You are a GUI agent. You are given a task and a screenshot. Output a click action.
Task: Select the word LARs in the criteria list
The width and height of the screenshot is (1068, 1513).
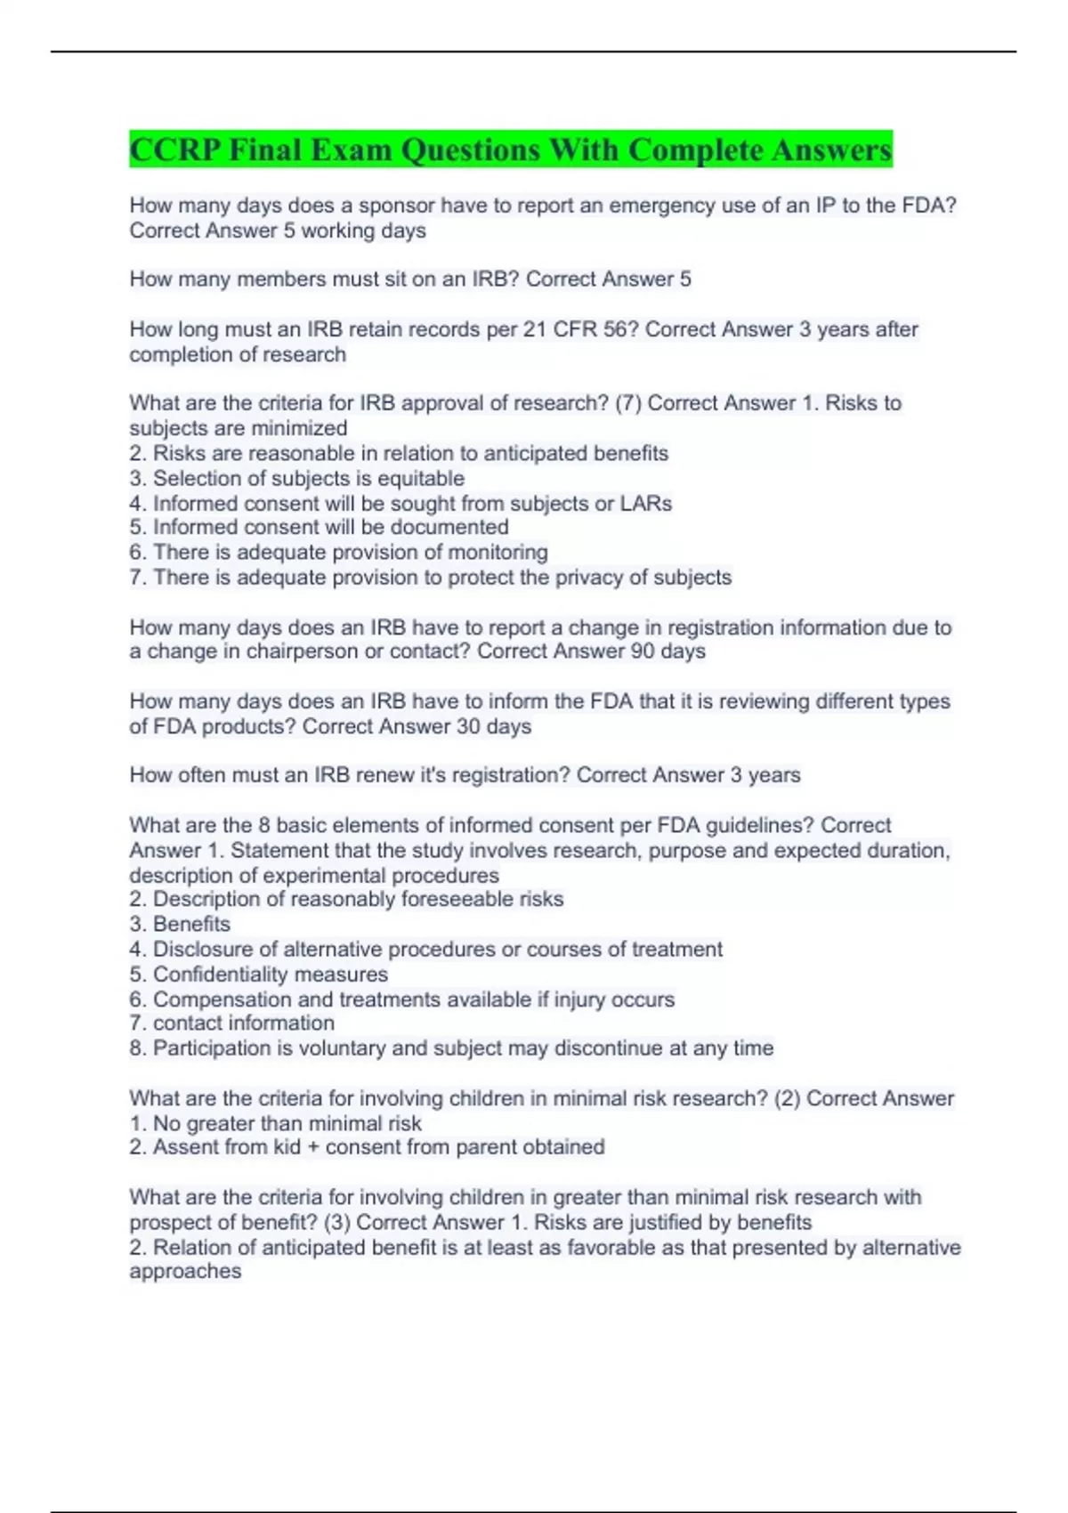pyautogui.click(x=646, y=503)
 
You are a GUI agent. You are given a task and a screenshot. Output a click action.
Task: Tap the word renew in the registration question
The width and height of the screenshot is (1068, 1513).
pyautogui.click(x=385, y=775)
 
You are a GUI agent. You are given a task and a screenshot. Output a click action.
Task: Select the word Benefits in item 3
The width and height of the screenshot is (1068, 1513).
pyautogui.click(x=191, y=924)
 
